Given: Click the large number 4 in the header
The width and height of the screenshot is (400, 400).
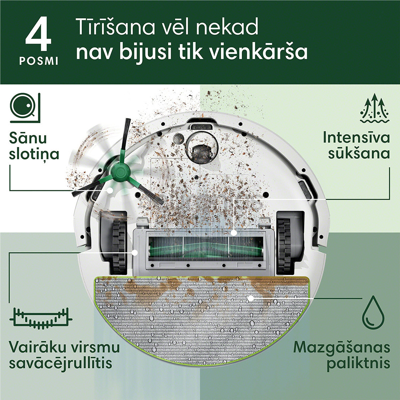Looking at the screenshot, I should (38, 36).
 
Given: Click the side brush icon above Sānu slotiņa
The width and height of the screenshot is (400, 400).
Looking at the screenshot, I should (25, 108).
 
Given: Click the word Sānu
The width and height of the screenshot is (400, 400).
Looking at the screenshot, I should (28, 139).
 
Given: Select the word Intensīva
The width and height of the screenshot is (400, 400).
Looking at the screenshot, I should (356, 137).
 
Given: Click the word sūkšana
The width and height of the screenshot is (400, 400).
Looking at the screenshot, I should (359, 153).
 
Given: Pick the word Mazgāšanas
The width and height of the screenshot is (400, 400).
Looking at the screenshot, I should (341, 348).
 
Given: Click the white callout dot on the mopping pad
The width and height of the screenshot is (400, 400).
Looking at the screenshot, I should (251, 298).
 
